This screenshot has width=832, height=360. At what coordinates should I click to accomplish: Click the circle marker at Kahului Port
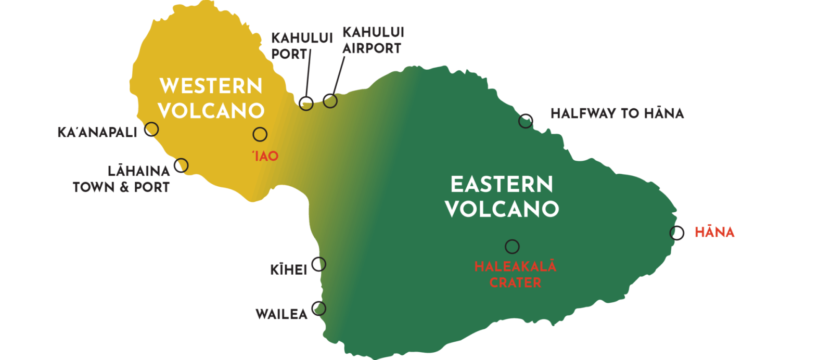point(306,103)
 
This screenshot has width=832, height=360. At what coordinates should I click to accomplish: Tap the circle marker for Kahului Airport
point(330,100)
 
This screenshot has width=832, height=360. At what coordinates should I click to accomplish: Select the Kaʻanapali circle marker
point(151,129)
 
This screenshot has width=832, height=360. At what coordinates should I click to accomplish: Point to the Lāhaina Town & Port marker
point(181,165)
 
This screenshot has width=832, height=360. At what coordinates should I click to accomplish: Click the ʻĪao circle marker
point(260,134)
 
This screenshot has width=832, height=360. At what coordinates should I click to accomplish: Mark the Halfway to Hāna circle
point(526,121)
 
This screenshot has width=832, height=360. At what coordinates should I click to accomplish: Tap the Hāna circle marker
point(676,233)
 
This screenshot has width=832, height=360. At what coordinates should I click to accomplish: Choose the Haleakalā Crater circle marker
point(512,246)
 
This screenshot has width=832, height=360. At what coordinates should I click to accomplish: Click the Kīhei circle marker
point(318,264)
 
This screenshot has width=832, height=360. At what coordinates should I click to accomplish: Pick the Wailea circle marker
point(318,308)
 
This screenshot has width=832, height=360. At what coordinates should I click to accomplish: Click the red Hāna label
point(714,232)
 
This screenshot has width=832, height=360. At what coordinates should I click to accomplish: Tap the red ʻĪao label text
point(265,156)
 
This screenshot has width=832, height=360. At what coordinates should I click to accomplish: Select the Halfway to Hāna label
point(617,113)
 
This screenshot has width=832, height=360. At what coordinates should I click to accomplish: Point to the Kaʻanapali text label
point(97,132)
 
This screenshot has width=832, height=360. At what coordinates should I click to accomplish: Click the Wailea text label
point(281,314)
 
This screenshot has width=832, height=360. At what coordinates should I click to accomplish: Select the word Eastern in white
point(502,185)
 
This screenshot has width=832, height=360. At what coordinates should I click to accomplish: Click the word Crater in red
point(515,282)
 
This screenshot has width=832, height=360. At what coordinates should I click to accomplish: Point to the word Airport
point(372,48)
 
